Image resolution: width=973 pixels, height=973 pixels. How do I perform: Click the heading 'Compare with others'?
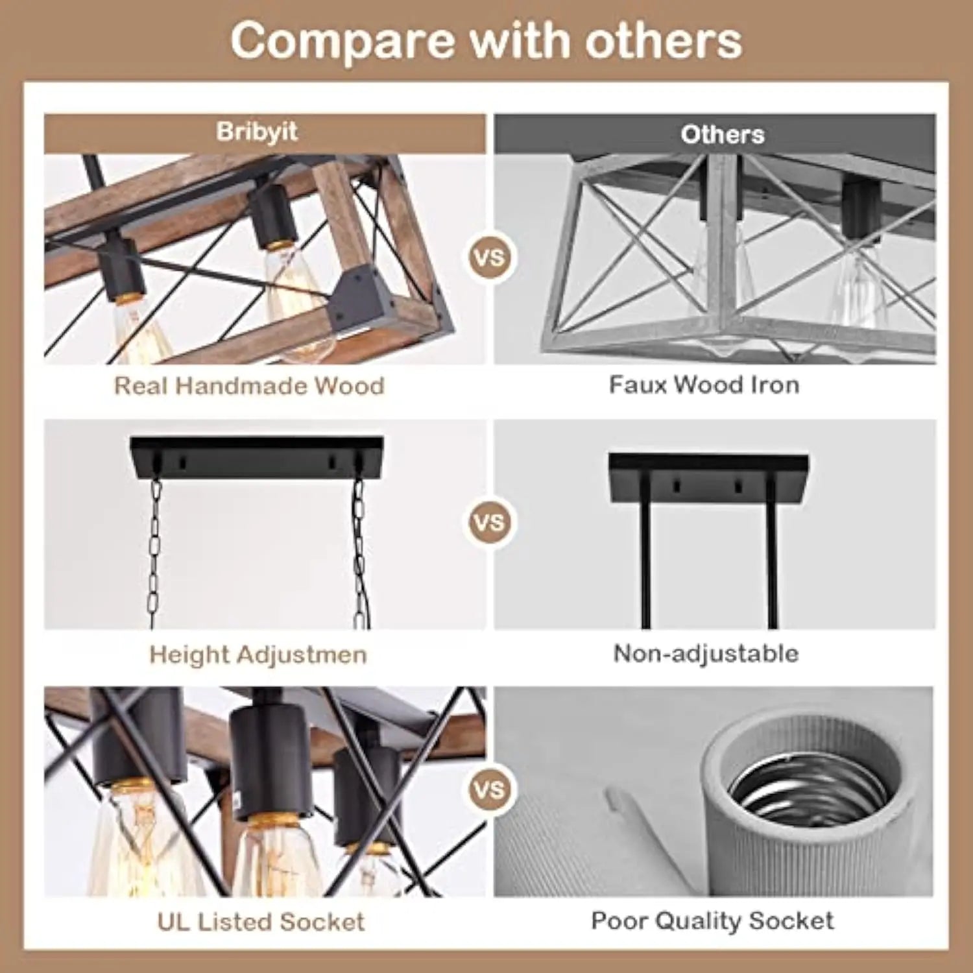click(x=486, y=41)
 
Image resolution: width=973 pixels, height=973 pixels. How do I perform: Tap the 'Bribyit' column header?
click(x=258, y=132)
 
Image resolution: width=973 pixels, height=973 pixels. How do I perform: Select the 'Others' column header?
click(x=722, y=134)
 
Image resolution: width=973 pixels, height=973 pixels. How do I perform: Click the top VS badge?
click(x=490, y=258)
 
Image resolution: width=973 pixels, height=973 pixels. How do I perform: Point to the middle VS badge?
click(x=490, y=522)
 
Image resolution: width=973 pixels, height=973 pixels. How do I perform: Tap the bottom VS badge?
click(x=490, y=789)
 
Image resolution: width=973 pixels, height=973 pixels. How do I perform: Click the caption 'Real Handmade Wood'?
click(x=249, y=385)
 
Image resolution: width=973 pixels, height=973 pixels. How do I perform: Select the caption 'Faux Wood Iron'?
click(x=704, y=385)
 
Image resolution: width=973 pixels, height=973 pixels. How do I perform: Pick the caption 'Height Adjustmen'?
click(x=258, y=654)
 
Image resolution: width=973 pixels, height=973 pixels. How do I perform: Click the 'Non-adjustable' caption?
click(x=706, y=653)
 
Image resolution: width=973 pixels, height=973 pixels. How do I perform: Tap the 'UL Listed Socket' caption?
click(x=261, y=921)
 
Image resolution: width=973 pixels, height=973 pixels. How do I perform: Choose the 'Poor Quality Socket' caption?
click(x=712, y=920)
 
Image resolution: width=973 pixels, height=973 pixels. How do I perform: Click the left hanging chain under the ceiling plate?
click(x=154, y=551)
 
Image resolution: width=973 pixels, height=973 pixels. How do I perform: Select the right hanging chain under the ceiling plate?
click(x=359, y=551)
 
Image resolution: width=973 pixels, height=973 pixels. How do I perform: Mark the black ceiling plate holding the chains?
click(x=257, y=457)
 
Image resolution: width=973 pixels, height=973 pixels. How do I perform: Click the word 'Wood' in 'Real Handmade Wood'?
click(x=350, y=385)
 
